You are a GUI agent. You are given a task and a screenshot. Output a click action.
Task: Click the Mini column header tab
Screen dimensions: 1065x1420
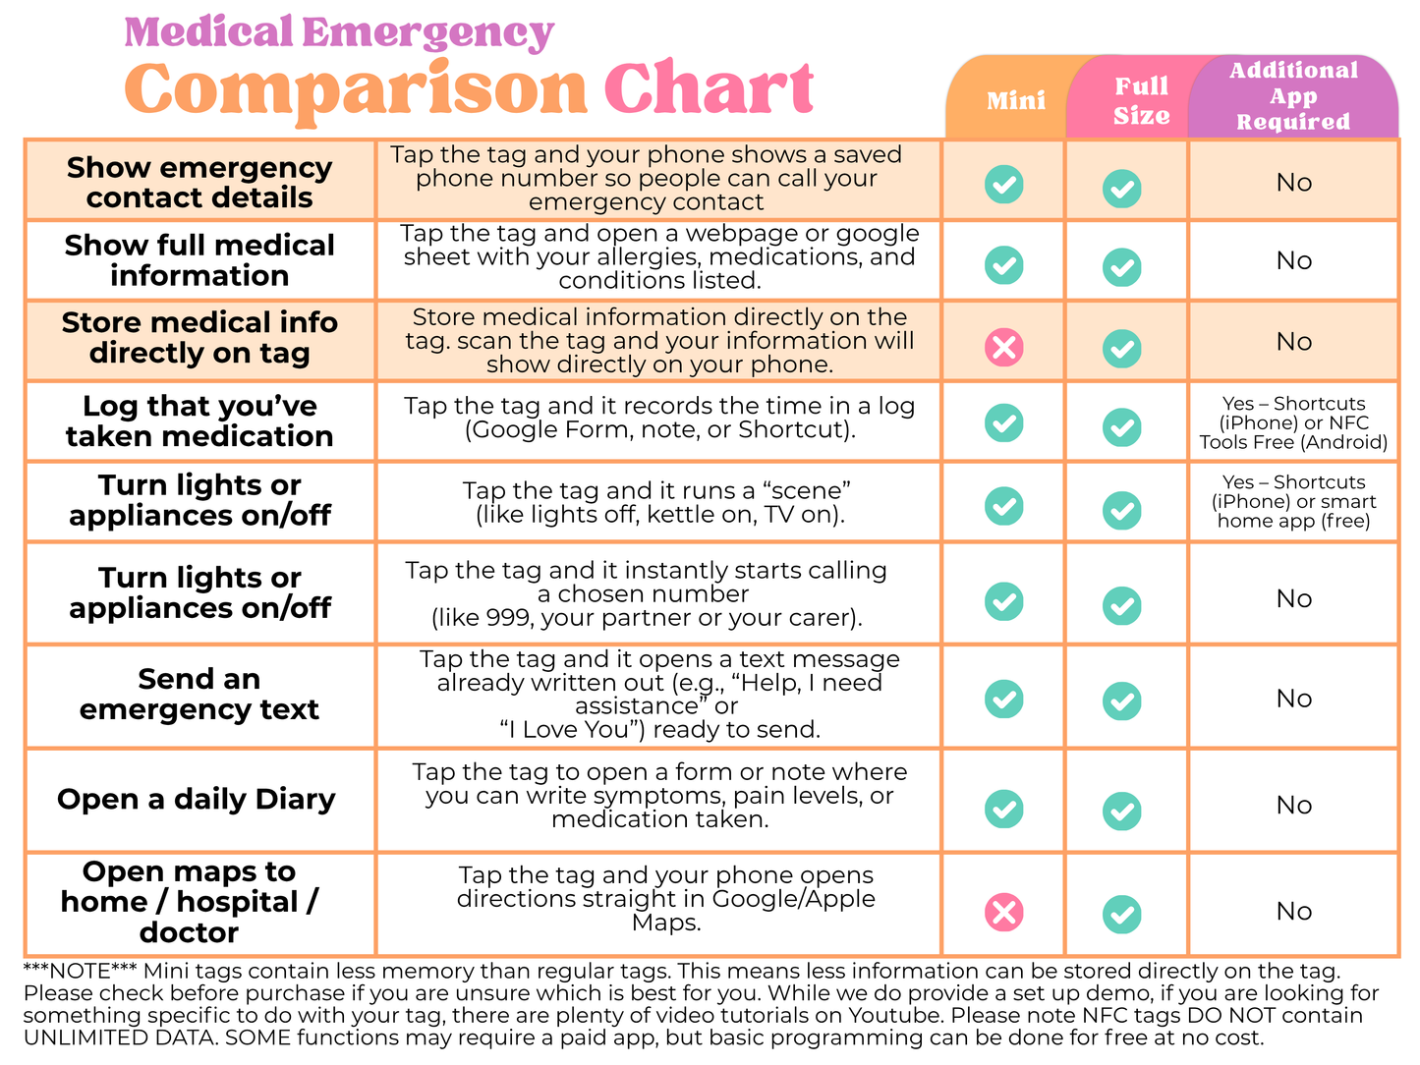[1015, 100]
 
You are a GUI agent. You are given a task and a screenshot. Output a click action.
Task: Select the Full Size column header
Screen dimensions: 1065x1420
[1141, 100]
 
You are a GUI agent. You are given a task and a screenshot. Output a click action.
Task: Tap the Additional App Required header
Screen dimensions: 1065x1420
[1293, 96]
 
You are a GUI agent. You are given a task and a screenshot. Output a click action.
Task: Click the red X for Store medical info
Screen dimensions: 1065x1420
[1003, 347]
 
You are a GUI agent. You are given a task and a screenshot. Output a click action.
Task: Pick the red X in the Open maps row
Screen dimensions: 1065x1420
[1003, 912]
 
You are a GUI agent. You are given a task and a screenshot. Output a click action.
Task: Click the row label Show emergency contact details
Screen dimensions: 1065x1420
[199, 182]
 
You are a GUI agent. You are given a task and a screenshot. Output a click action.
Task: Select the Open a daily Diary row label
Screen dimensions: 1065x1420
[197, 799]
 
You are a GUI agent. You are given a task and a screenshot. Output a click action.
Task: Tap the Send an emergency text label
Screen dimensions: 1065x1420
[199, 694]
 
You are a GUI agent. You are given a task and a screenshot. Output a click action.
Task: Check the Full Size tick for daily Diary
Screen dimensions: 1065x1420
[1121, 812]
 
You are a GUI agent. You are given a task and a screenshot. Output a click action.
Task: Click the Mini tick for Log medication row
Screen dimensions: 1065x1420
[1003, 422]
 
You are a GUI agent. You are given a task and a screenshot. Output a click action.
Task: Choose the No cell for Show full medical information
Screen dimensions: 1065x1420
[1293, 260]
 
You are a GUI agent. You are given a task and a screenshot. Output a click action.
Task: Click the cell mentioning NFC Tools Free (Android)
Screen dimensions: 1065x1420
[1293, 422]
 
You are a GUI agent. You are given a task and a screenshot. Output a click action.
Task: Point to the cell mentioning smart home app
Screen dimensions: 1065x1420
[1293, 501]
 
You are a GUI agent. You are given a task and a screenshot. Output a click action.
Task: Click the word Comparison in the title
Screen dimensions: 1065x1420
[356, 90]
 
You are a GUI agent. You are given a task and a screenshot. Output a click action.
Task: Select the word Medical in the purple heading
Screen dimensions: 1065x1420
[208, 32]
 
